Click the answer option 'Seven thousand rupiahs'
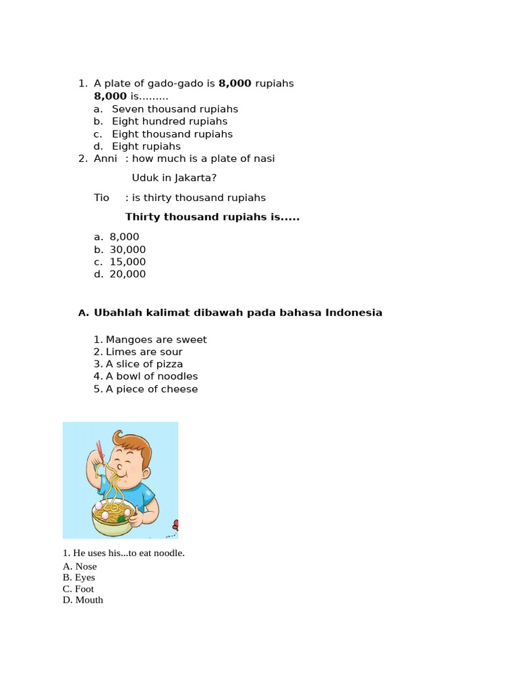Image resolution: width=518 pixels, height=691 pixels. (x=175, y=109)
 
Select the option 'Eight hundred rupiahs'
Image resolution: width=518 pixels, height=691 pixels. (x=169, y=121)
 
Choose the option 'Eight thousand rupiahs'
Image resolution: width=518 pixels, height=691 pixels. (x=172, y=134)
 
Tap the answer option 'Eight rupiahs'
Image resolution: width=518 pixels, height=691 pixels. (x=146, y=146)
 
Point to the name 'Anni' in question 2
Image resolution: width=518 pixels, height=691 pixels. (x=105, y=159)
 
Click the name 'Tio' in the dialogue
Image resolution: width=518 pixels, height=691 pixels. (x=101, y=198)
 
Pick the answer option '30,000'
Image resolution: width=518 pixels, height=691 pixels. (x=127, y=250)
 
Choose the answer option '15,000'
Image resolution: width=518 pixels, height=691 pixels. (x=127, y=262)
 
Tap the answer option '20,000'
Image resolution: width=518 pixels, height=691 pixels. (x=127, y=274)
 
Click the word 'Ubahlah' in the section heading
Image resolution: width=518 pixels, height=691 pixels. (x=116, y=313)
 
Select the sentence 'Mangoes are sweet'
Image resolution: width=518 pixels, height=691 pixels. (x=156, y=339)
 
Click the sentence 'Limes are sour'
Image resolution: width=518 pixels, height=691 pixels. (x=144, y=352)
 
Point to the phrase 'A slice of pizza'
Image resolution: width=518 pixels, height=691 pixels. (x=144, y=364)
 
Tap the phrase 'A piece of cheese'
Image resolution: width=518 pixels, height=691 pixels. (x=152, y=389)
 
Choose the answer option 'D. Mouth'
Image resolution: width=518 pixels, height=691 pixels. (x=83, y=600)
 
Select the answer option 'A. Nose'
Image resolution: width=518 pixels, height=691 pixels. (x=80, y=567)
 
